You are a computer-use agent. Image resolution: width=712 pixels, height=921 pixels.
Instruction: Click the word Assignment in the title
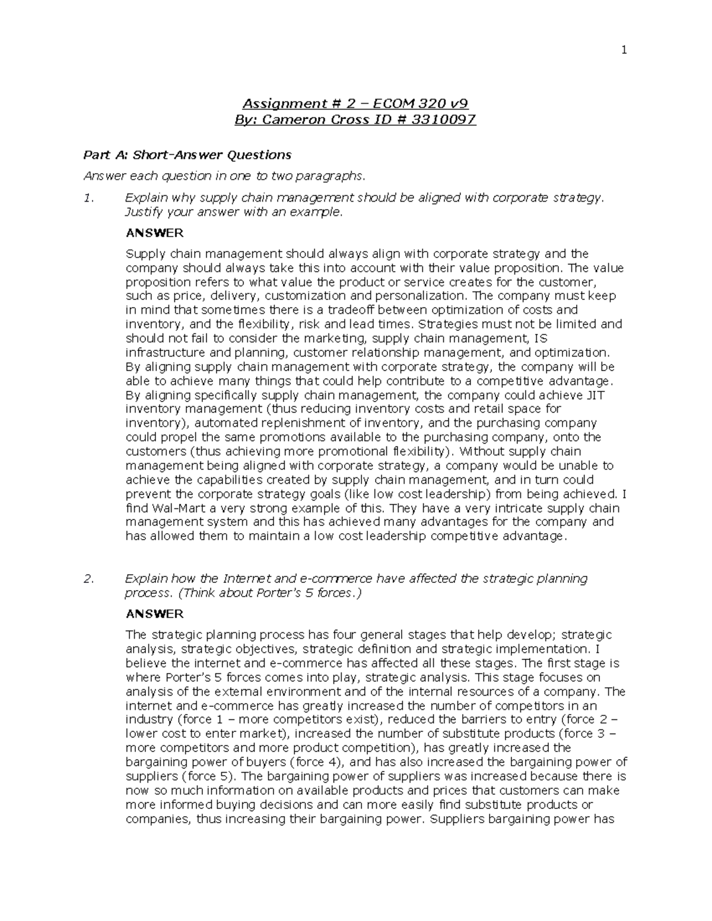pyautogui.click(x=276, y=104)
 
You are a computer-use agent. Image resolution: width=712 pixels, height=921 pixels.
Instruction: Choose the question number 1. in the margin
pyautogui.click(x=88, y=198)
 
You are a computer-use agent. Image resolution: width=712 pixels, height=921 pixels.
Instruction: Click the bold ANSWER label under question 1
pyautogui.click(x=155, y=232)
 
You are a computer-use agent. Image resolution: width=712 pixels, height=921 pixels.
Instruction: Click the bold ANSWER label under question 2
pyautogui.click(x=155, y=614)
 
